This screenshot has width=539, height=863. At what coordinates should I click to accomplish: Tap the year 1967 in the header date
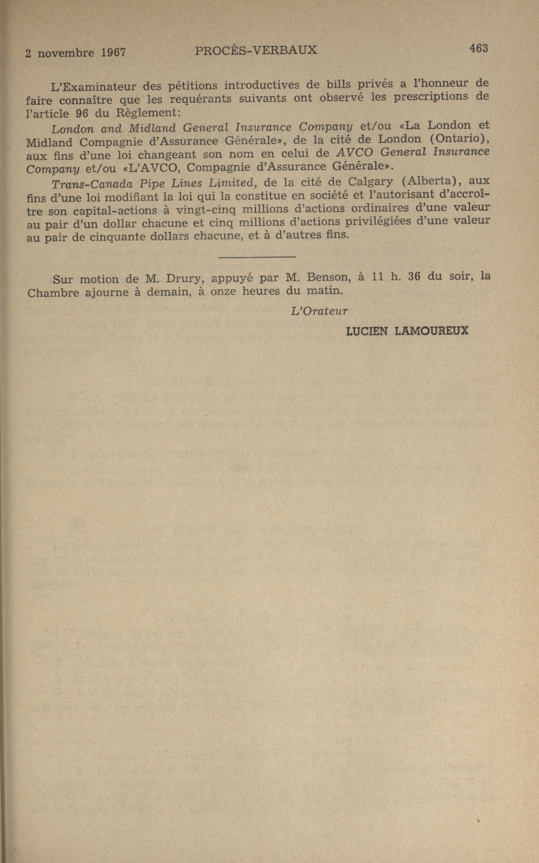tap(113, 53)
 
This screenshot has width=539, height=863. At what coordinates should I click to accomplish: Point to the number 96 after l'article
tap(82, 113)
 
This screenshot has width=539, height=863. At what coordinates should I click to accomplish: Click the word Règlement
tap(149, 113)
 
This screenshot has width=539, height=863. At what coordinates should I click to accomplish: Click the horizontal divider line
tap(257, 256)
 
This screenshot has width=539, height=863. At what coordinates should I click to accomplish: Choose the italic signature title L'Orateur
tap(319, 311)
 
